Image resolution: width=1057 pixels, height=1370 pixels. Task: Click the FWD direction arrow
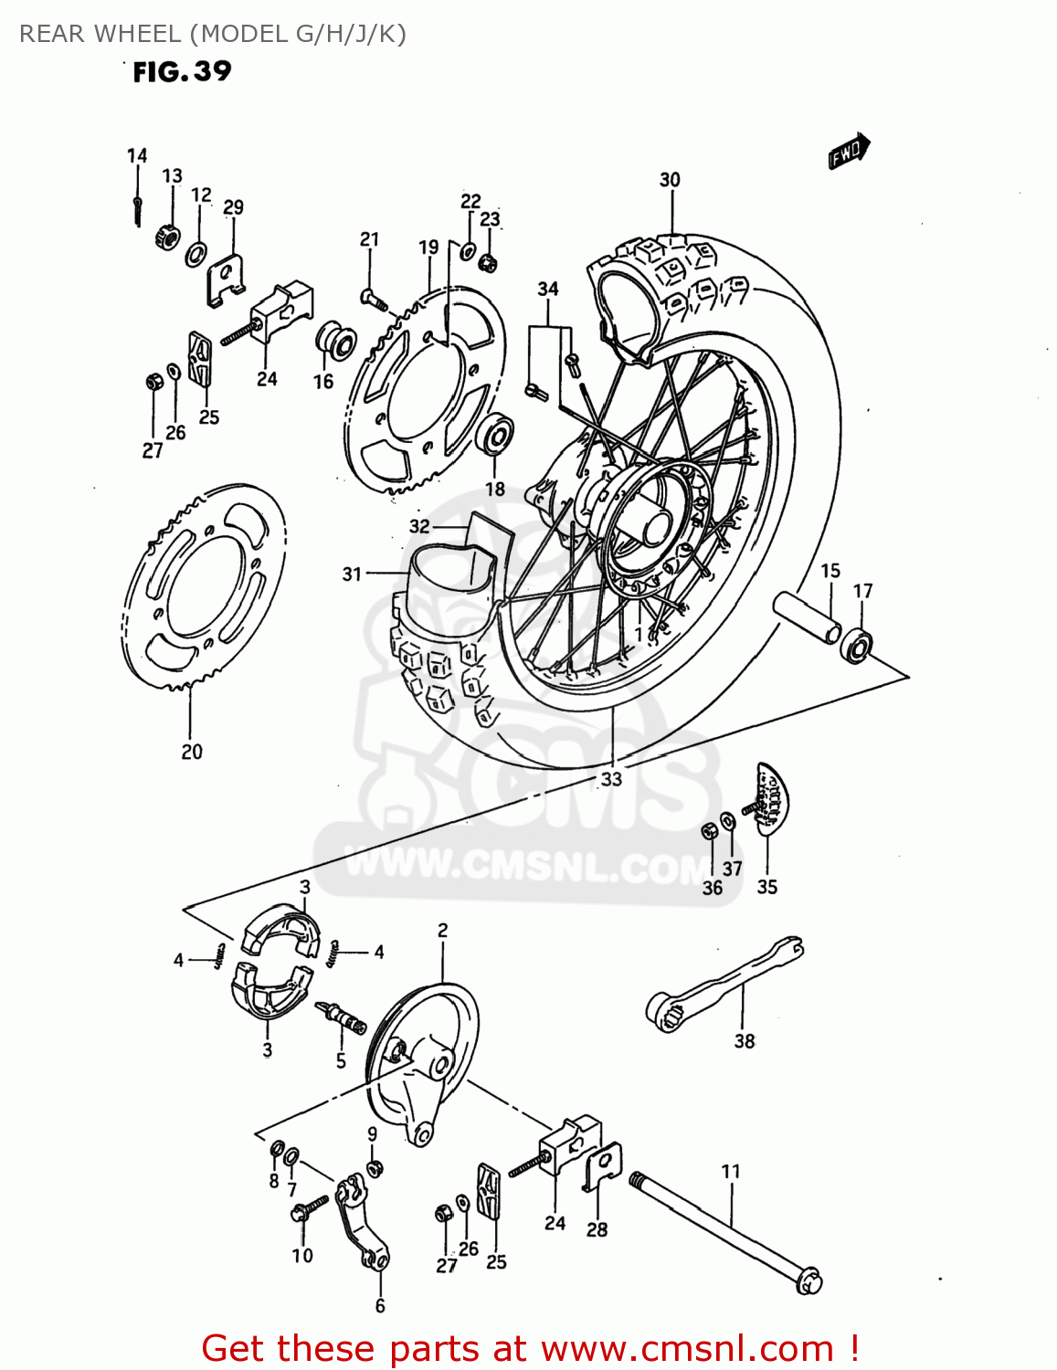pos(849,152)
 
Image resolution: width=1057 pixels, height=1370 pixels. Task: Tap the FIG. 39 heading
pos(182,71)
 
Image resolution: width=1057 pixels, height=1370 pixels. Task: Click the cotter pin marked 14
pos(137,209)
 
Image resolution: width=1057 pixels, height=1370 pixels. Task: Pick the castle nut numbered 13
pos(167,237)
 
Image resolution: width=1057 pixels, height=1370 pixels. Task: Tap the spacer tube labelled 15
pos(807,618)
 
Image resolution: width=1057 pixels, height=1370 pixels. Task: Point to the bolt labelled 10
pos(308,1208)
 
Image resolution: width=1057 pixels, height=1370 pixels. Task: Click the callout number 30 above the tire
pos(670,180)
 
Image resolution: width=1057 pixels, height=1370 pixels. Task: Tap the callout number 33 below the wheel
pos(610,779)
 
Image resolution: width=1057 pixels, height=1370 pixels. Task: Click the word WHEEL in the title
pos(138,34)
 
